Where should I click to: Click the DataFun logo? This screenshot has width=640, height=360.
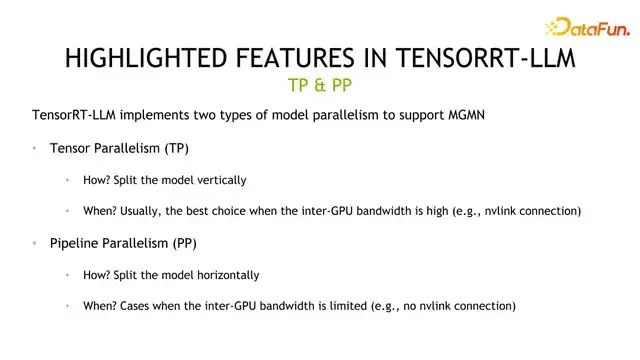pyautogui.click(x=585, y=27)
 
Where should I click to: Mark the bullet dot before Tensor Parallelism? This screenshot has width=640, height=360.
pyautogui.click(x=34, y=148)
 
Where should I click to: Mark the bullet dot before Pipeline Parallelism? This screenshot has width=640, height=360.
pyautogui.click(x=34, y=243)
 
